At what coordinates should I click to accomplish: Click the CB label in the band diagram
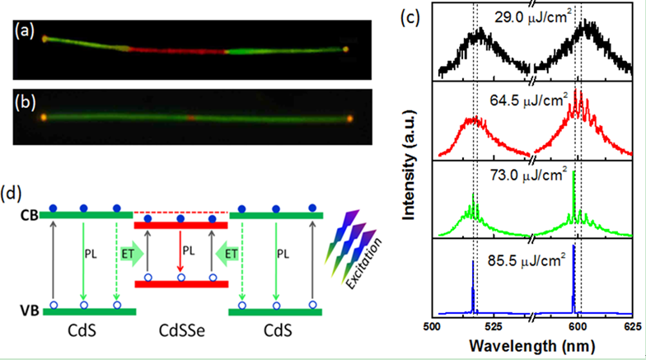(x=29, y=217)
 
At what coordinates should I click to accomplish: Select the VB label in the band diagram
(x=29, y=312)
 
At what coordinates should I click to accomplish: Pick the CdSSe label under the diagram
(x=180, y=340)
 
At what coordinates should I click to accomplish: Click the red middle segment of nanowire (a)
(x=177, y=50)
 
